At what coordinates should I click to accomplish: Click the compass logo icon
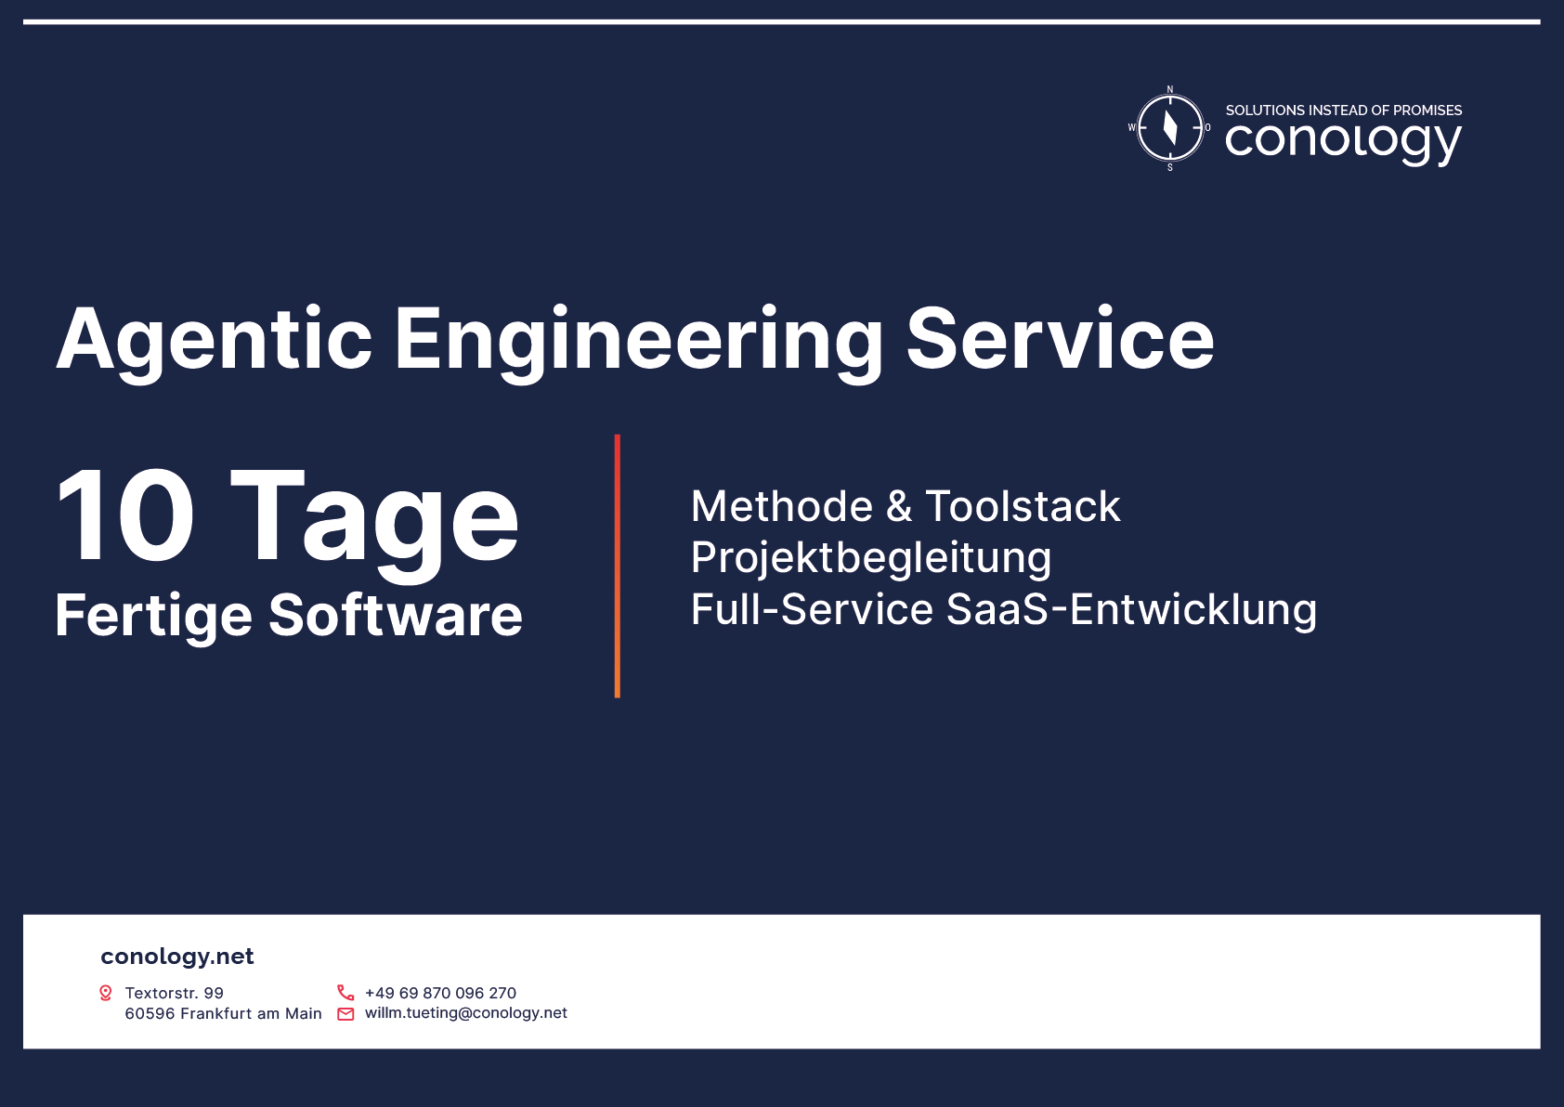click(x=1169, y=128)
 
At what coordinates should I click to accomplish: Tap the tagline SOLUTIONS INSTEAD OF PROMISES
click(x=1343, y=111)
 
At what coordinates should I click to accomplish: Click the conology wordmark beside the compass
click(x=1343, y=143)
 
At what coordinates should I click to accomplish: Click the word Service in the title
click(x=1060, y=339)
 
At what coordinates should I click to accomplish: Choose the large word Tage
click(x=374, y=524)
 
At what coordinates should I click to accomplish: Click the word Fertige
click(x=153, y=617)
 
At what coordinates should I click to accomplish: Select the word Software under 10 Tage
click(x=396, y=615)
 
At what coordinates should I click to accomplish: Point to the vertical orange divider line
click(x=618, y=567)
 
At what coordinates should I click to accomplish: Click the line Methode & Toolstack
click(x=906, y=506)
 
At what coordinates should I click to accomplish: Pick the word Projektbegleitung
click(x=870, y=559)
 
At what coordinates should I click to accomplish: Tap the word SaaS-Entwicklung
click(x=1131, y=609)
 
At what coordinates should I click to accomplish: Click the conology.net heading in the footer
click(x=176, y=957)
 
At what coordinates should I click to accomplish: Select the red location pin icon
click(x=106, y=993)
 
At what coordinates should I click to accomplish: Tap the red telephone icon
click(x=345, y=992)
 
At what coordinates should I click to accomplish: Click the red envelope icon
click(x=345, y=1014)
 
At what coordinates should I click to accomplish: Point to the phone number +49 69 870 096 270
click(x=440, y=993)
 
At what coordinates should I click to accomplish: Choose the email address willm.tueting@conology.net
click(x=465, y=1013)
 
